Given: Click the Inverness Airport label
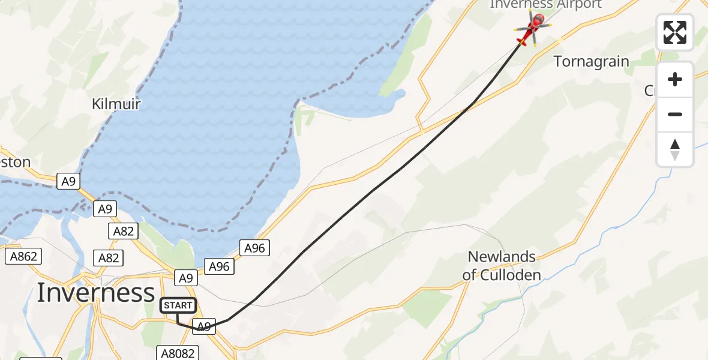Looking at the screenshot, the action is pyautogui.click(x=545, y=5).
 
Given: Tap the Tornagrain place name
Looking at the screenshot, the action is pyautogui.click(x=591, y=62).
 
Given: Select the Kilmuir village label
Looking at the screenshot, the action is pyautogui.click(x=116, y=104).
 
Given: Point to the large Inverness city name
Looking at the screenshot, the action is pyautogui.click(x=96, y=293).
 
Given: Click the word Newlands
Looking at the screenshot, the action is pyautogui.click(x=502, y=257).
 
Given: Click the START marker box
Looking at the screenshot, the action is pyautogui.click(x=178, y=305).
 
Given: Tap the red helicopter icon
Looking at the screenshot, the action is pyautogui.click(x=532, y=29).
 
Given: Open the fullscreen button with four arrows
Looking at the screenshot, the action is pyautogui.click(x=675, y=32).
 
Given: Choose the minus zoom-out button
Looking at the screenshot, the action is pyautogui.click(x=675, y=114).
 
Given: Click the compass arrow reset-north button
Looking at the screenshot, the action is pyautogui.click(x=675, y=149).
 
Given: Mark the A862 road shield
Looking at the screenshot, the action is pyautogui.click(x=23, y=257).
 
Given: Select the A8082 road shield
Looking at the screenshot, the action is pyautogui.click(x=178, y=353).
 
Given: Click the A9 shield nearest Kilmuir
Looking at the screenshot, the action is pyautogui.click(x=68, y=181).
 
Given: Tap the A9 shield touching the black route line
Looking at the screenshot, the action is pyautogui.click(x=203, y=326).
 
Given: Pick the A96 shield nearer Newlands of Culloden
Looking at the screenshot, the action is pyautogui.click(x=254, y=248).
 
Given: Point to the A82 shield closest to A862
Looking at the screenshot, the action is pyautogui.click(x=109, y=258).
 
